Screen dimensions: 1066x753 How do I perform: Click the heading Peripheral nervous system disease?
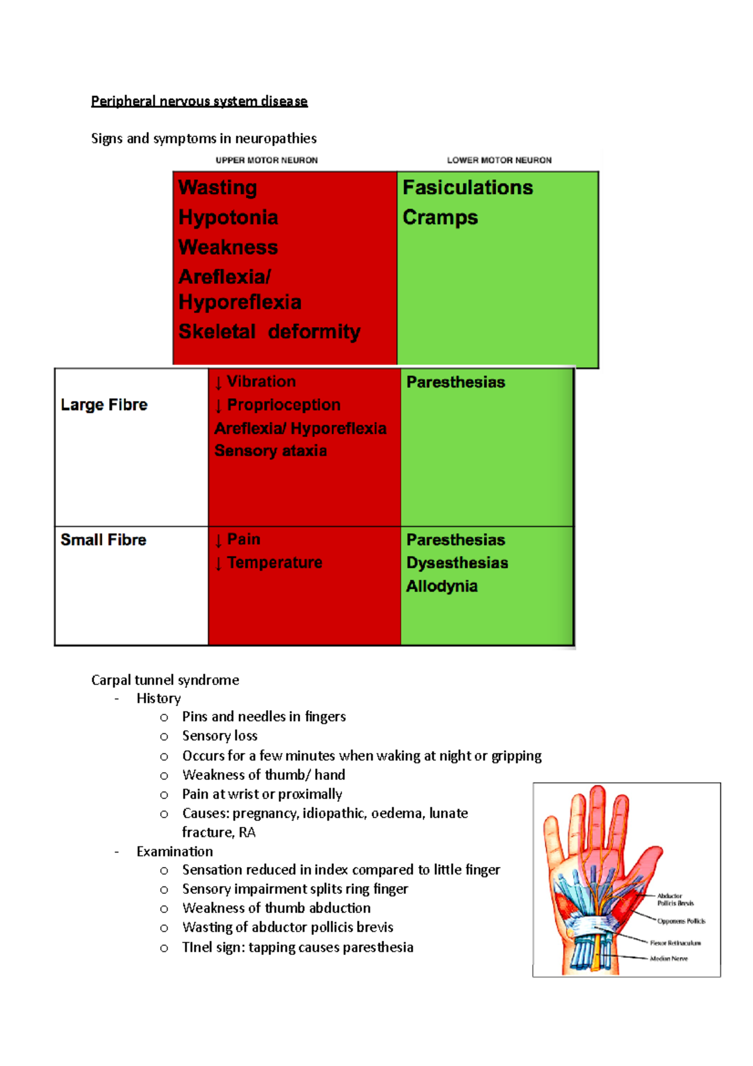click(199, 101)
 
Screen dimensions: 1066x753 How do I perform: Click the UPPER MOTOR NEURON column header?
click(267, 160)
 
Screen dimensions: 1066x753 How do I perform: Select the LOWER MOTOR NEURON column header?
click(499, 160)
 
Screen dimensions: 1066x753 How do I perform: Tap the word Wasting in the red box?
click(218, 188)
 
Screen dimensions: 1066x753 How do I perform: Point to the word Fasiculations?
click(467, 188)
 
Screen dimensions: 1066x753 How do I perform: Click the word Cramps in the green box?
click(440, 217)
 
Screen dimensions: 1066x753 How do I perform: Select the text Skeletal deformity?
click(269, 331)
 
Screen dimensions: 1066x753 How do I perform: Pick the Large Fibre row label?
click(104, 405)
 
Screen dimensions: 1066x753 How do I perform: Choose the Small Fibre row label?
click(104, 540)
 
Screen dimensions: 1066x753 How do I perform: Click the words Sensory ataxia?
click(270, 451)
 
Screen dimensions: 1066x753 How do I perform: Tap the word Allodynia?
click(442, 586)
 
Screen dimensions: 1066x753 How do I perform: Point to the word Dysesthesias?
click(457, 563)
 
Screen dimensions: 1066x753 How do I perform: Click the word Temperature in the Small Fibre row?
click(274, 563)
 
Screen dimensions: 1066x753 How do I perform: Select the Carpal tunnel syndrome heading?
click(165, 680)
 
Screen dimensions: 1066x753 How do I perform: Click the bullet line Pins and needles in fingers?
click(264, 717)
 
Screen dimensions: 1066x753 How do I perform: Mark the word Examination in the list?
click(174, 851)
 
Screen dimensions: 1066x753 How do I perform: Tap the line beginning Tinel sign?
click(297, 947)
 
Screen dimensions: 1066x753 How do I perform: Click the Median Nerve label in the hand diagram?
click(668, 959)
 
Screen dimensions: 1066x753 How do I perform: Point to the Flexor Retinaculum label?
click(675, 943)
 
